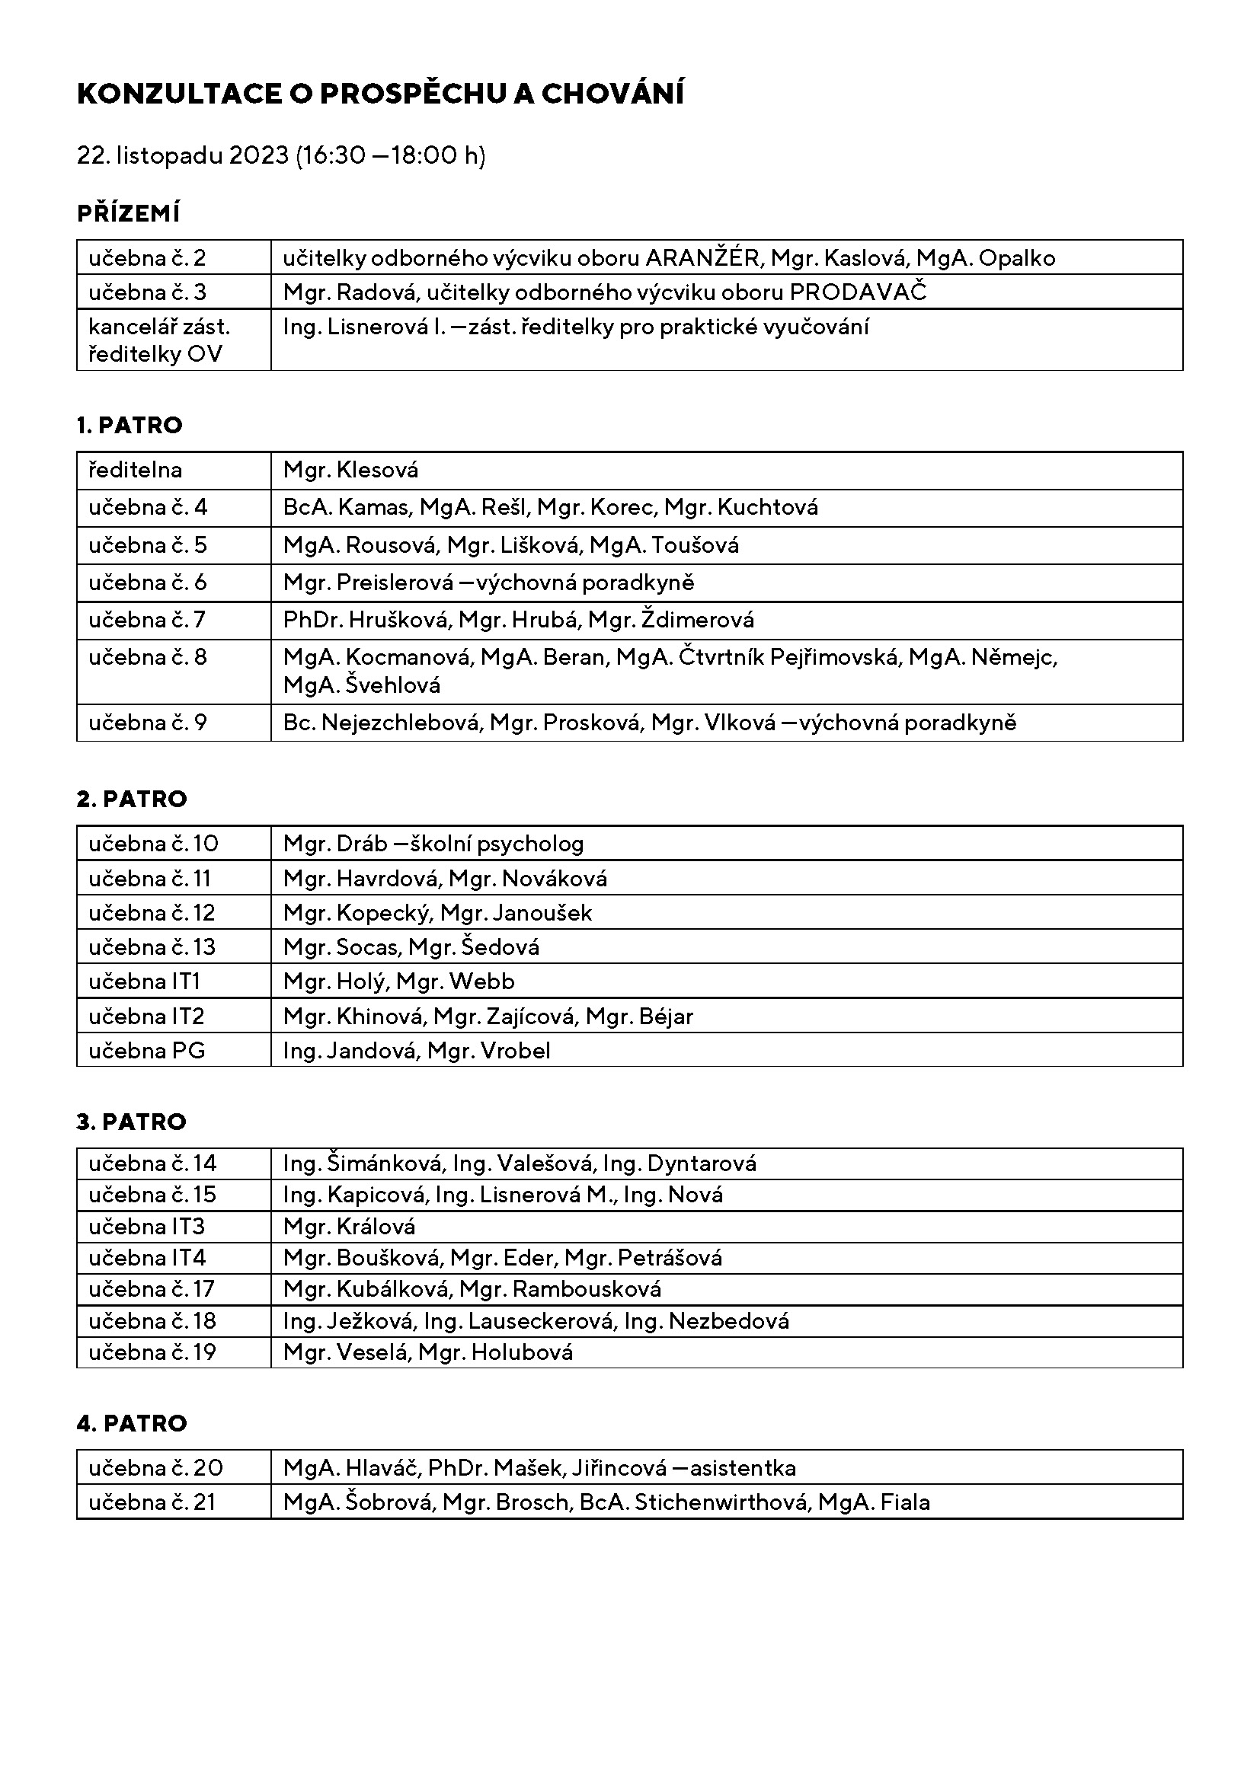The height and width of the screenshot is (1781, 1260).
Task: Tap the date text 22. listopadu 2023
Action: [182, 155]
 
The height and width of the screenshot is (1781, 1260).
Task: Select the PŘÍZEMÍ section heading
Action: [129, 213]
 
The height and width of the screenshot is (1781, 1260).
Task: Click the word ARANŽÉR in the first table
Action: [703, 258]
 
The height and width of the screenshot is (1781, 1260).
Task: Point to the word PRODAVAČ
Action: [858, 292]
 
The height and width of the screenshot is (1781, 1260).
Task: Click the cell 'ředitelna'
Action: [136, 470]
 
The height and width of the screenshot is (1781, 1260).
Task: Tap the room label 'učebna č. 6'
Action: [148, 582]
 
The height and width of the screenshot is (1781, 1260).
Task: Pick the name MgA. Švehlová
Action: [362, 686]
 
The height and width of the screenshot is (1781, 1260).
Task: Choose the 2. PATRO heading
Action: [132, 799]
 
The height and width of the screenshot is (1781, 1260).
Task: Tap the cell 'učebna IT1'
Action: [145, 982]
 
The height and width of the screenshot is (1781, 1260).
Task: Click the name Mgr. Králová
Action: [349, 1227]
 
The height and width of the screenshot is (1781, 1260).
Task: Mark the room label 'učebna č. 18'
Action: [152, 1321]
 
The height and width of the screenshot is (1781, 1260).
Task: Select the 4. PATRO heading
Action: [132, 1423]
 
